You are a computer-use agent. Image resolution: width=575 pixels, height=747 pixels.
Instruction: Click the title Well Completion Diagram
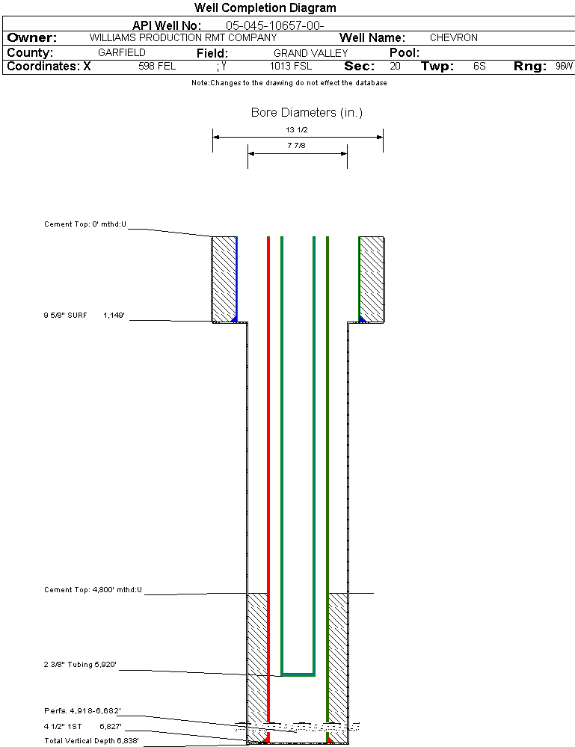(265, 7)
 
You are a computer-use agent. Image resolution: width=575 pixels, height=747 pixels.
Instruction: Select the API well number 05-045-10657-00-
(275, 25)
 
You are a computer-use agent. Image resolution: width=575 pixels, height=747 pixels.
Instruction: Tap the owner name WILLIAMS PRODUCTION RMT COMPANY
(183, 37)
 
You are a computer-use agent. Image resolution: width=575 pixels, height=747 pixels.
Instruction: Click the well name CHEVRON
(454, 37)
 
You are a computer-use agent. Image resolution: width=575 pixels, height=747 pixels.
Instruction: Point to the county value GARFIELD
(121, 52)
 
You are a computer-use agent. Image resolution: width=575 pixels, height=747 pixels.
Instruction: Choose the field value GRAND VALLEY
(310, 53)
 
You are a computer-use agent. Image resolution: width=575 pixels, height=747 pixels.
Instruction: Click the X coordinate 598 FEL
(157, 66)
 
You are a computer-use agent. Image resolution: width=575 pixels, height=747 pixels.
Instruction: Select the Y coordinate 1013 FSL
(291, 66)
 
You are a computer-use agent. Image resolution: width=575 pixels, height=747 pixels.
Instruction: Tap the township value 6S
(479, 66)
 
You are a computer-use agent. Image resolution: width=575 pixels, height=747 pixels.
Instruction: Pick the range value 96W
(564, 66)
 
